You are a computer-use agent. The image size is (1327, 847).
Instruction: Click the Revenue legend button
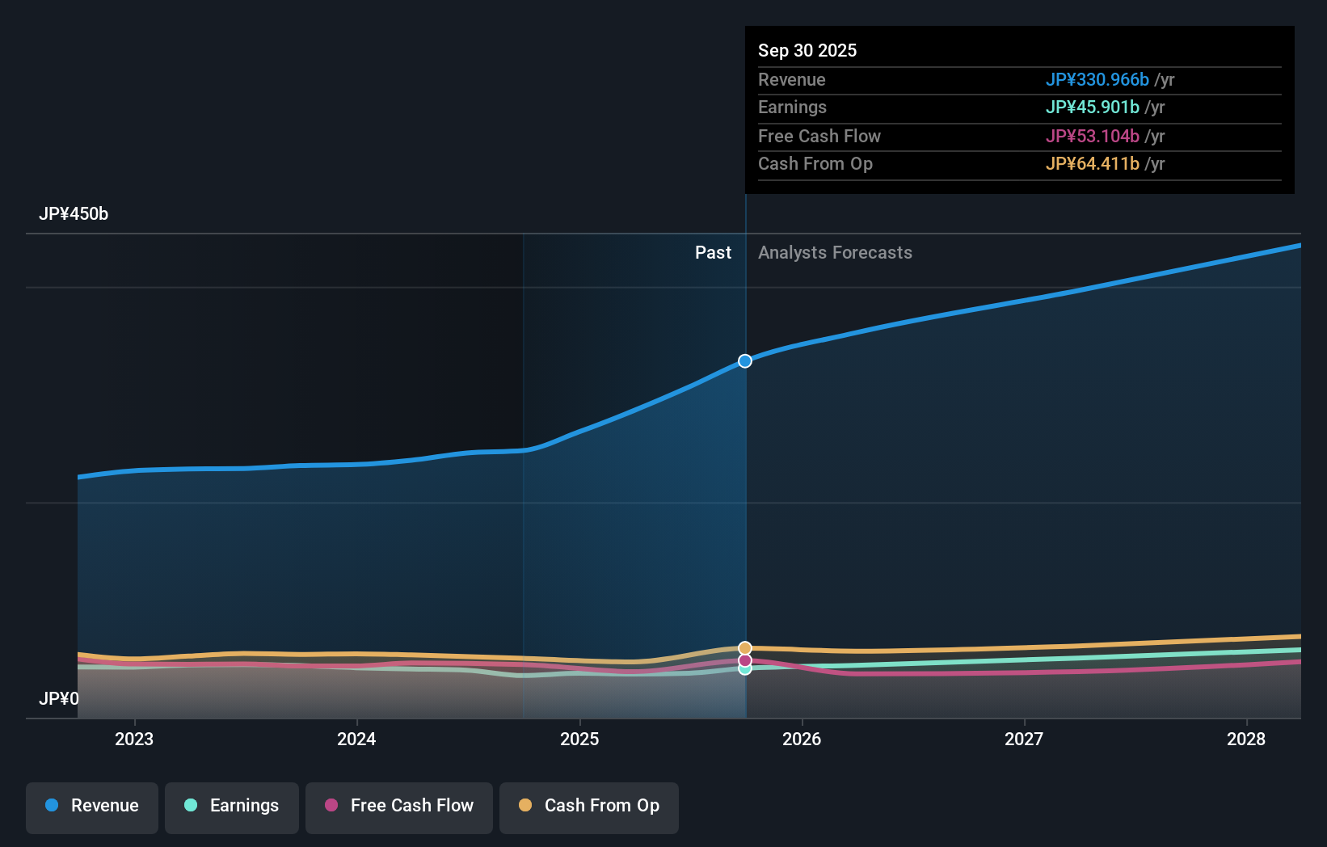point(92,806)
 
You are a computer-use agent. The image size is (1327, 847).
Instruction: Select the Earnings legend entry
point(232,806)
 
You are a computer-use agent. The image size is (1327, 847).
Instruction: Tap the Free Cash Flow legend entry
point(399,806)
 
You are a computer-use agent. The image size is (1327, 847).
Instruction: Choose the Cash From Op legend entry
point(589,806)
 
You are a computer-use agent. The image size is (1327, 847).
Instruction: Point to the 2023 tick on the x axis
point(134,739)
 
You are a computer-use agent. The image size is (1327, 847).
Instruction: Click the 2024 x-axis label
point(356,739)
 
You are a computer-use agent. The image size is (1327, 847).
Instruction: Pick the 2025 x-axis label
point(579,739)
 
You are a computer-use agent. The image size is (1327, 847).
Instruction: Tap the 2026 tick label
point(802,739)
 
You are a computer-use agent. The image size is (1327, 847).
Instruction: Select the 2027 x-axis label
point(1024,739)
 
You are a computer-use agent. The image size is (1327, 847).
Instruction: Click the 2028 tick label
point(1246,739)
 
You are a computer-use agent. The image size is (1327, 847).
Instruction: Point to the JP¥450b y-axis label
point(74,214)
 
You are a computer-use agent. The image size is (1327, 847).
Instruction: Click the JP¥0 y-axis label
point(59,698)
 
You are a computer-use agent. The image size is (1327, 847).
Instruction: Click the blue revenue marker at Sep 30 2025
point(745,361)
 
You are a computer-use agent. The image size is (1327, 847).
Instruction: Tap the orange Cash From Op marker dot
point(745,648)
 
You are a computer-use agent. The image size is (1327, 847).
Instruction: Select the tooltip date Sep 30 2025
point(807,50)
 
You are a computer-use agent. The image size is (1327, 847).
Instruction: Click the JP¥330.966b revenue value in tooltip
point(1097,79)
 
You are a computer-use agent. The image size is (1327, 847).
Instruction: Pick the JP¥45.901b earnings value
point(1092,107)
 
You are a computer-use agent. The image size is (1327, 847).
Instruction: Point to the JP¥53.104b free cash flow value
point(1092,136)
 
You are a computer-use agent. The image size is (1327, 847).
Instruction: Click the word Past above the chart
point(713,253)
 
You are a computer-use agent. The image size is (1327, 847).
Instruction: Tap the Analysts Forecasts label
point(835,253)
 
